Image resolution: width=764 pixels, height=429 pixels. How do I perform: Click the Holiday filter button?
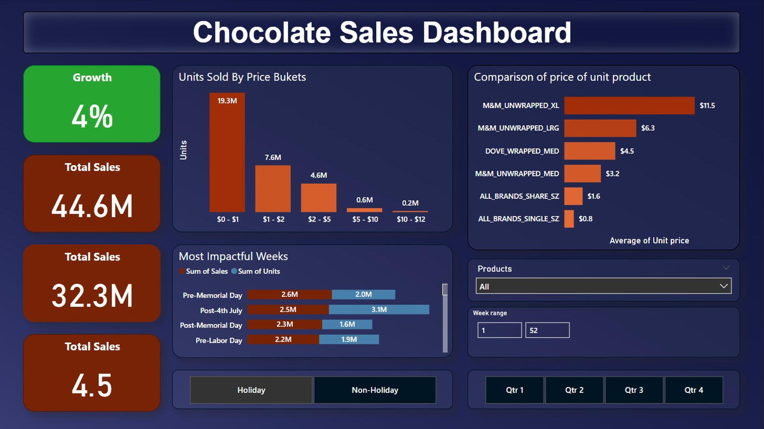(251, 390)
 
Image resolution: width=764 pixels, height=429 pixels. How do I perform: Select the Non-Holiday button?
(375, 390)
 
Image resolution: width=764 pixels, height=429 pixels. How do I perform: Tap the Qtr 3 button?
(633, 390)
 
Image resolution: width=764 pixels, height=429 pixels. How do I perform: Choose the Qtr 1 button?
(514, 390)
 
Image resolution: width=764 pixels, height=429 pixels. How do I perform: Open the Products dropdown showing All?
(603, 286)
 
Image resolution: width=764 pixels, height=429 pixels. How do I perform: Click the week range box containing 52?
(547, 330)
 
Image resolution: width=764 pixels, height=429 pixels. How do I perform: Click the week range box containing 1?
(499, 330)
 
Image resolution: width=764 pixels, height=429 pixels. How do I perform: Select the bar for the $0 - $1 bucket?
(227, 154)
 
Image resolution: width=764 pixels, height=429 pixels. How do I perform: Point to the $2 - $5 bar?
(318, 198)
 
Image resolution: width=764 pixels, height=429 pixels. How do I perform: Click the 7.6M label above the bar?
(273, 157)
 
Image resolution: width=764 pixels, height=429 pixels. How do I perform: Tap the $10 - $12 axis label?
(411, 219)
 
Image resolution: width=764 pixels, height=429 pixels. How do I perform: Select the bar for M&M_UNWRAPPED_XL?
(629, 106)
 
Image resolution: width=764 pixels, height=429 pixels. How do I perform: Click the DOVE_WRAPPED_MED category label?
(522, 151)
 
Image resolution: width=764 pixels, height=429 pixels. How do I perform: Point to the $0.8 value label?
(586, 219)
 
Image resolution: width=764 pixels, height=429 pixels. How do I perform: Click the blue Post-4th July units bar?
(379, 310)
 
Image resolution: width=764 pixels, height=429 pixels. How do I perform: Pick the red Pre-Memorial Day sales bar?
(290, 294)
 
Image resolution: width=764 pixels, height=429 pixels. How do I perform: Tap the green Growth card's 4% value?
(92, 117)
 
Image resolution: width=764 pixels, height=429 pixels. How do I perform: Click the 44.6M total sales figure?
(92, 206)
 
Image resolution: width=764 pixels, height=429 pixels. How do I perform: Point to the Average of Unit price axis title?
(649, 241)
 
